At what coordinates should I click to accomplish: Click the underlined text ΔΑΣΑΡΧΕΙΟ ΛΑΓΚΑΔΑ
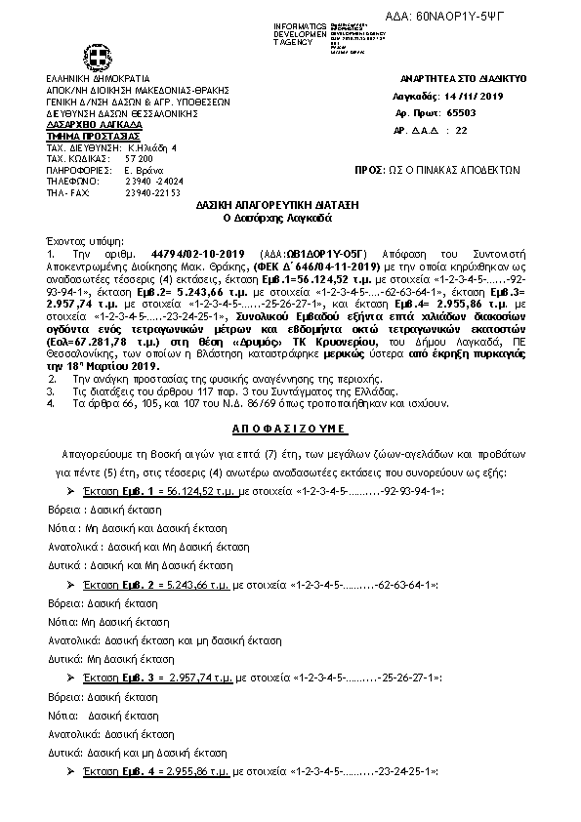tap(94, 125)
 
